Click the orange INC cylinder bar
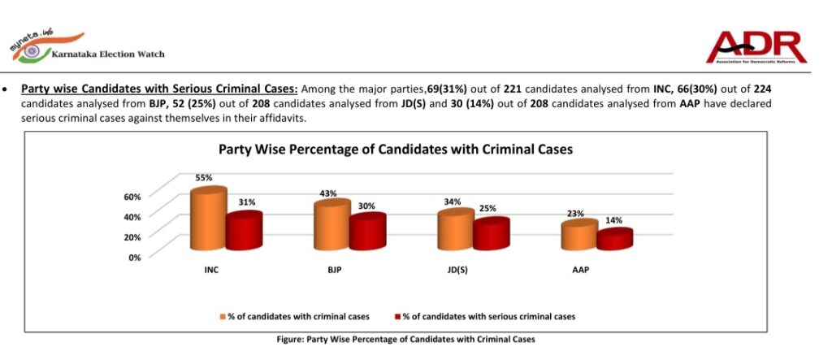coord(208,219)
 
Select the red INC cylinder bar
coord(243,231)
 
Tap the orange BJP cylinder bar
coord(331,226)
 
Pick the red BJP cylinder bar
coord(366,232)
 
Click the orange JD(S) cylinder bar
coord(454,231)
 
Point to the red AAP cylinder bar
coord(613,241)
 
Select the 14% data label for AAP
coord(614,221)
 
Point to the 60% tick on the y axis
coord(132,197)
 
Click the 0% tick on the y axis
coord(135,257)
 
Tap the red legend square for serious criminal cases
coord(396,316)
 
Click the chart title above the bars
coord(395,150)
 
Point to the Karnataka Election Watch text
coord(107,54)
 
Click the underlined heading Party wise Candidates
coord(159,89)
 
